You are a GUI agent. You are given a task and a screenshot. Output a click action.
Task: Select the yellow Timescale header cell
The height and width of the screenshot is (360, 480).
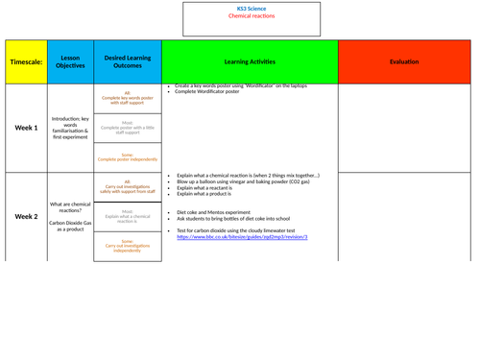(25, 61)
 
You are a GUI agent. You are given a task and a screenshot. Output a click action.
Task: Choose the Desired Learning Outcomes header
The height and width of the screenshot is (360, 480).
(128, 61)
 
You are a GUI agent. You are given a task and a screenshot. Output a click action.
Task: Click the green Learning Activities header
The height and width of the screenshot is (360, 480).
(250, 61)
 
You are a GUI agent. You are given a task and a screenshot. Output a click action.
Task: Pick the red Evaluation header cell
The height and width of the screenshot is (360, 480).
(403, 61)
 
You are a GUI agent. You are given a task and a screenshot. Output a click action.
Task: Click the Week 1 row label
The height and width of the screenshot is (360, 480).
(25, 128)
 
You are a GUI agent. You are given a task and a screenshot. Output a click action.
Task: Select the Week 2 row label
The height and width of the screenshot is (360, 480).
(25, 217)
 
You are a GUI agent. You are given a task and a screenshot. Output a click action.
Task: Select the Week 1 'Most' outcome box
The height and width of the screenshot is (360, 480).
(128, 128)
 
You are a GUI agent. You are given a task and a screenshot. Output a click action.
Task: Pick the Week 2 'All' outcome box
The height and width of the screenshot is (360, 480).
(128, 188)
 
